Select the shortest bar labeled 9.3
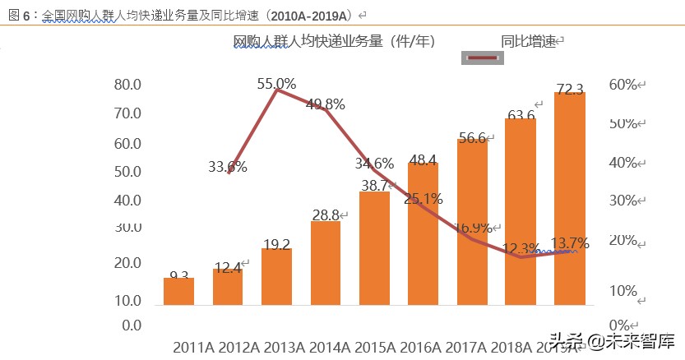178,292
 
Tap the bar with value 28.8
326,263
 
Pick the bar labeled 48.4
423,234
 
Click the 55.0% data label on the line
276,84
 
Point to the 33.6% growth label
227,167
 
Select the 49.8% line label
325,104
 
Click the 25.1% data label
423,198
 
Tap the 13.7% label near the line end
569,243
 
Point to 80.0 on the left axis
127,85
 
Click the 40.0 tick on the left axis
127,201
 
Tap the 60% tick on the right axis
623,85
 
